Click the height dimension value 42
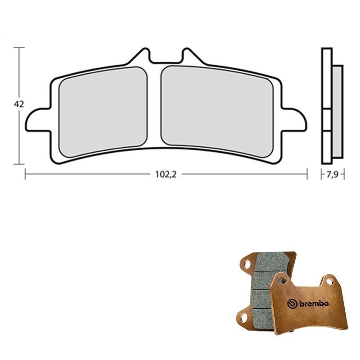point(19,104)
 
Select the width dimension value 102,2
point(166,175)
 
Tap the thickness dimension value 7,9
point(333,175)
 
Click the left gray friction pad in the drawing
point(103,112)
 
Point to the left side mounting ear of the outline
point(38,120)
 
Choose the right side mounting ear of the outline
point(294,119)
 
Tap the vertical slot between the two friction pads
point(154,106)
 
